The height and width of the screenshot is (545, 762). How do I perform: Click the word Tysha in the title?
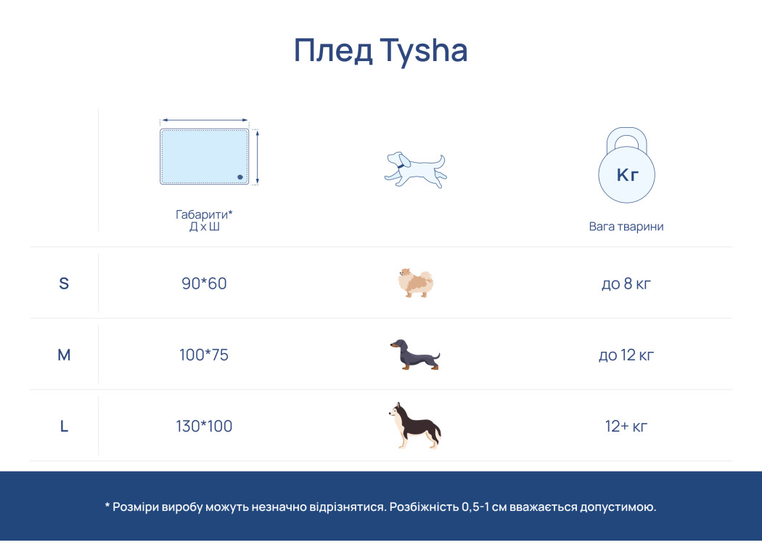pyautogui.click(x=423, y=51)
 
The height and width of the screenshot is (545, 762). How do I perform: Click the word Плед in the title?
pyautogui.click(x=333, y=50)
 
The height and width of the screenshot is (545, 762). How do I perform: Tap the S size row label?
pyautogui.click(x=64, y=283)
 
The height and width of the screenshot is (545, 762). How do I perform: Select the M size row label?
pyautogui.click(x=64, y=355)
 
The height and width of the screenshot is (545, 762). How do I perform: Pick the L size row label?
pyautogui.click(x=64, y=427)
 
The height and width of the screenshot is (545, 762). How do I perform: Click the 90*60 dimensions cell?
pyautogui.click(x=204, y=283)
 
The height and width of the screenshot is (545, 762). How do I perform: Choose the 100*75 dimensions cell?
pyautogui.click(x=204, y=355)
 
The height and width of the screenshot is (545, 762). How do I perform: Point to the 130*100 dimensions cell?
pyautogui.click(x=204, y=427)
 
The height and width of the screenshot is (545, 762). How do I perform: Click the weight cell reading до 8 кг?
pyautogui.click(x=626, y=283)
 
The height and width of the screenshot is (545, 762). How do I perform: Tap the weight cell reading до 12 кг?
pyautogui.click(x=626, y=355)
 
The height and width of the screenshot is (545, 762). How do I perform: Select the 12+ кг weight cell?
pyautogui.click(x=626, y=427)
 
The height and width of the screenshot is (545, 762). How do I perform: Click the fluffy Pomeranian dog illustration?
pyautogui.click(x=415, y=283)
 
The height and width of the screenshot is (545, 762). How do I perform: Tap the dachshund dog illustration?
pyautogui.click(x=415, y=355)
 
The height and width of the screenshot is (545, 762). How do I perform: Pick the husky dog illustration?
pyautogui.click(x=415, y=425)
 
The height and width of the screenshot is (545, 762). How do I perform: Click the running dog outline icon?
pyautogui.click(x=416, y=170)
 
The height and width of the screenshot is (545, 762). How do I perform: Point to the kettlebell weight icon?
pyautogui.click(x=626, y=165)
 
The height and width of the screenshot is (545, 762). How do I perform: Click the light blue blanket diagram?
pyautogui.click(x=205, y=157)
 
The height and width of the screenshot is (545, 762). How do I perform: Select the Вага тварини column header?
pyautogui.click(x=626, y=226)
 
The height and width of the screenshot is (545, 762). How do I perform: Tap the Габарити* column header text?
pyautogui.click(x=204, y=214)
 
